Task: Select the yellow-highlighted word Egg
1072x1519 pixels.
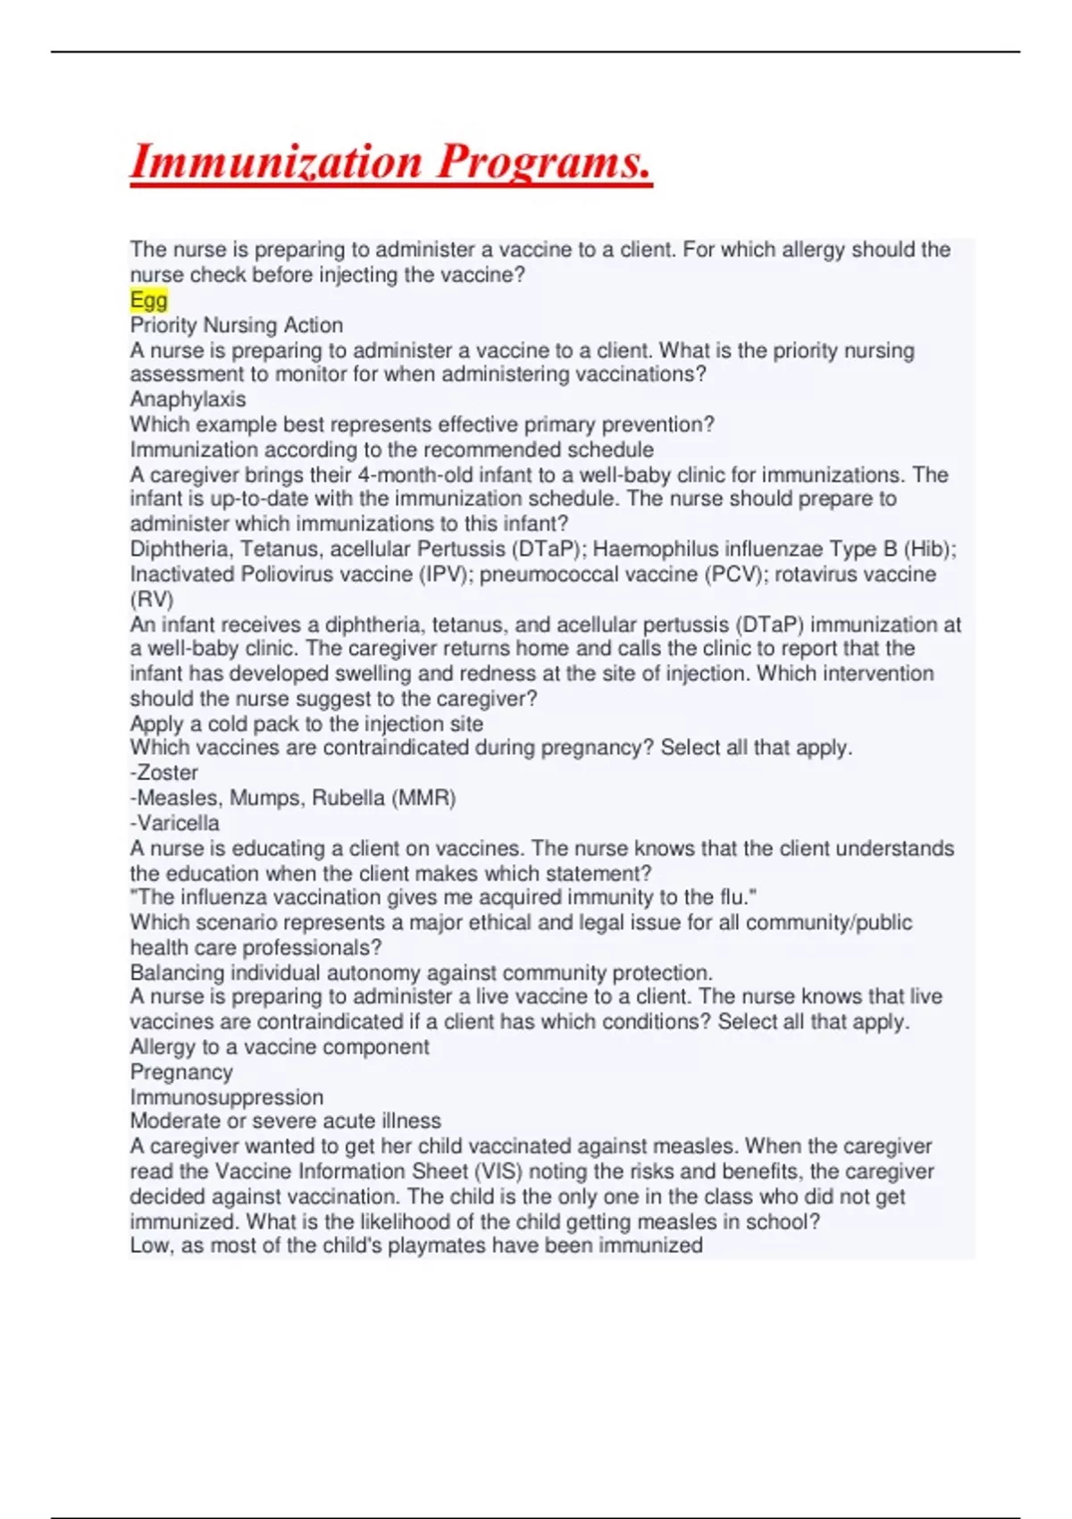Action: (148, 300)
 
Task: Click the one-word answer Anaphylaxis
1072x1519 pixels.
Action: (188, 399)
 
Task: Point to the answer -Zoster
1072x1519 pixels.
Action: (163, 772)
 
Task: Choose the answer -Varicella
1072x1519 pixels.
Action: (174, 823)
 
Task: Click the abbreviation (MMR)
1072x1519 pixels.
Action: (423, 798)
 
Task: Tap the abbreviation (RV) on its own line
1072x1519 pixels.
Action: (152, 599)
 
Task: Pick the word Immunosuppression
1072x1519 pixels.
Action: (227, 1097)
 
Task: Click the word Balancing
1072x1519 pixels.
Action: (177, 972)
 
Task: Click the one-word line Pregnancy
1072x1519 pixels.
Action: (181, 1072)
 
